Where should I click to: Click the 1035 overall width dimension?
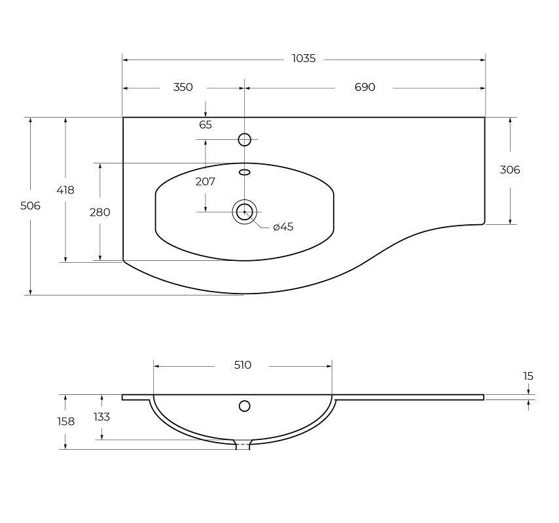[x=304, y=59]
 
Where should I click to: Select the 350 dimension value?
[x=183, y=87]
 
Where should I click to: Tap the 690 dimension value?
[x=365, y=87]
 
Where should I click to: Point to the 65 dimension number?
[x=206, y=124]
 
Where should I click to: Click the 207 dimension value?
[x=206, y=182]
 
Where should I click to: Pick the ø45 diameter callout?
[x=283, y=227]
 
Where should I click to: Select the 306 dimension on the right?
[x=510, y=170]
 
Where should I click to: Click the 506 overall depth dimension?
[x=30, y=205]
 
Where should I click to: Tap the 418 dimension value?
[x=65, y=190]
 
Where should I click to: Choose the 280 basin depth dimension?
[x=100, y=212]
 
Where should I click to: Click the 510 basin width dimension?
[x=242, y=365]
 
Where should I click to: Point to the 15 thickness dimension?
[x=529, y=376]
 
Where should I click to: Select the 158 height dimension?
[x=65, y=422]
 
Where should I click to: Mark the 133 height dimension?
[x=101, y=416]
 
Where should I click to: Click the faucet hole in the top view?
[x=244, y=139]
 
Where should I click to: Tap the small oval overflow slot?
[x=244, y=173]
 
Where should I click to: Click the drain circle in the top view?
[x=244, y=211]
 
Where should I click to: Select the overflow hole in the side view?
[x=244, y=406]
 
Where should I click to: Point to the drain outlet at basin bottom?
[x=243, y=445]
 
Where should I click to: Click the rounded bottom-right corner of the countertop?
[x=482, y=222]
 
